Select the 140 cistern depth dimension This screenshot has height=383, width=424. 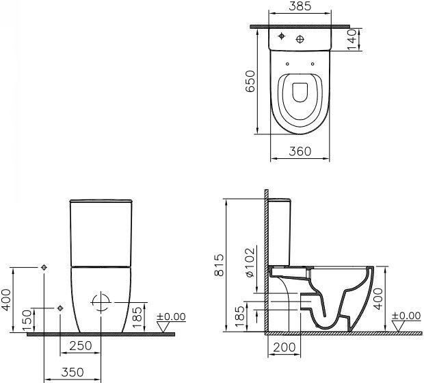point(352,39)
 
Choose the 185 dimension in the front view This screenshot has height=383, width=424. point(136,315)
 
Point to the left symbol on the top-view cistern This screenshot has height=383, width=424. point(282,36)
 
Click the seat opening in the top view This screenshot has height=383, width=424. point(299,94)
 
